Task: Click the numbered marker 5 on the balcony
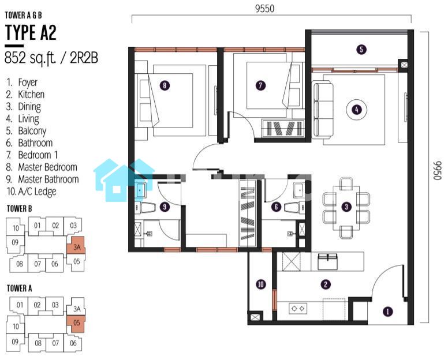(361, 50)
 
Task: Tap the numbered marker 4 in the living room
(356, 110)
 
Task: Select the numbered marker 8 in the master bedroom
(165, 85)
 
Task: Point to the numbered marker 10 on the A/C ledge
(260, 284)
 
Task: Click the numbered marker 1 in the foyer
(387, 312)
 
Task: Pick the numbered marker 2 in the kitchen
(326, 284)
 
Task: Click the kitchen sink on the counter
(328, 261)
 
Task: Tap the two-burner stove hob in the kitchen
(298, 309)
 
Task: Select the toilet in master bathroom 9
(145, 208)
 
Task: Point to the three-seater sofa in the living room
(323, 110)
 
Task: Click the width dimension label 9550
(264, 9)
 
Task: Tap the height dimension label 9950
(438, 170)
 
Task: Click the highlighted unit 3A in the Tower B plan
(76, 246)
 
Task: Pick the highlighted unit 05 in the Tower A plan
(76, 324)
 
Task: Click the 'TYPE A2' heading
(31, 32)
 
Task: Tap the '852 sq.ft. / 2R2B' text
(51, 58)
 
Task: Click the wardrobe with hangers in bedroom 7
(283, 129)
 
